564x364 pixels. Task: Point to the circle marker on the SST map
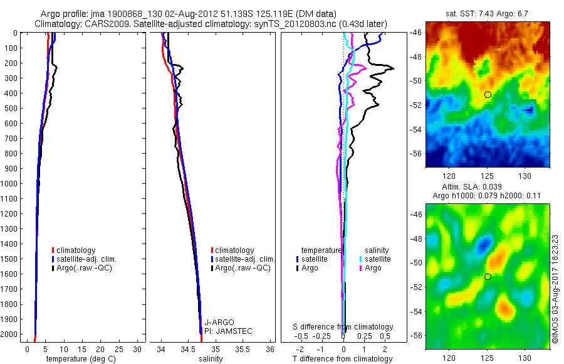click(x=488, y=95)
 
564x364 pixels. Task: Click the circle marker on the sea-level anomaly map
click(x=488, y=277)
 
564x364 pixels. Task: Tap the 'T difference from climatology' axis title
click(x=343, y=359)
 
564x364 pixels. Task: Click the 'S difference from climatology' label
click(x=343, y=327)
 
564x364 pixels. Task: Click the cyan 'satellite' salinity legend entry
click(x=377, y=259)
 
